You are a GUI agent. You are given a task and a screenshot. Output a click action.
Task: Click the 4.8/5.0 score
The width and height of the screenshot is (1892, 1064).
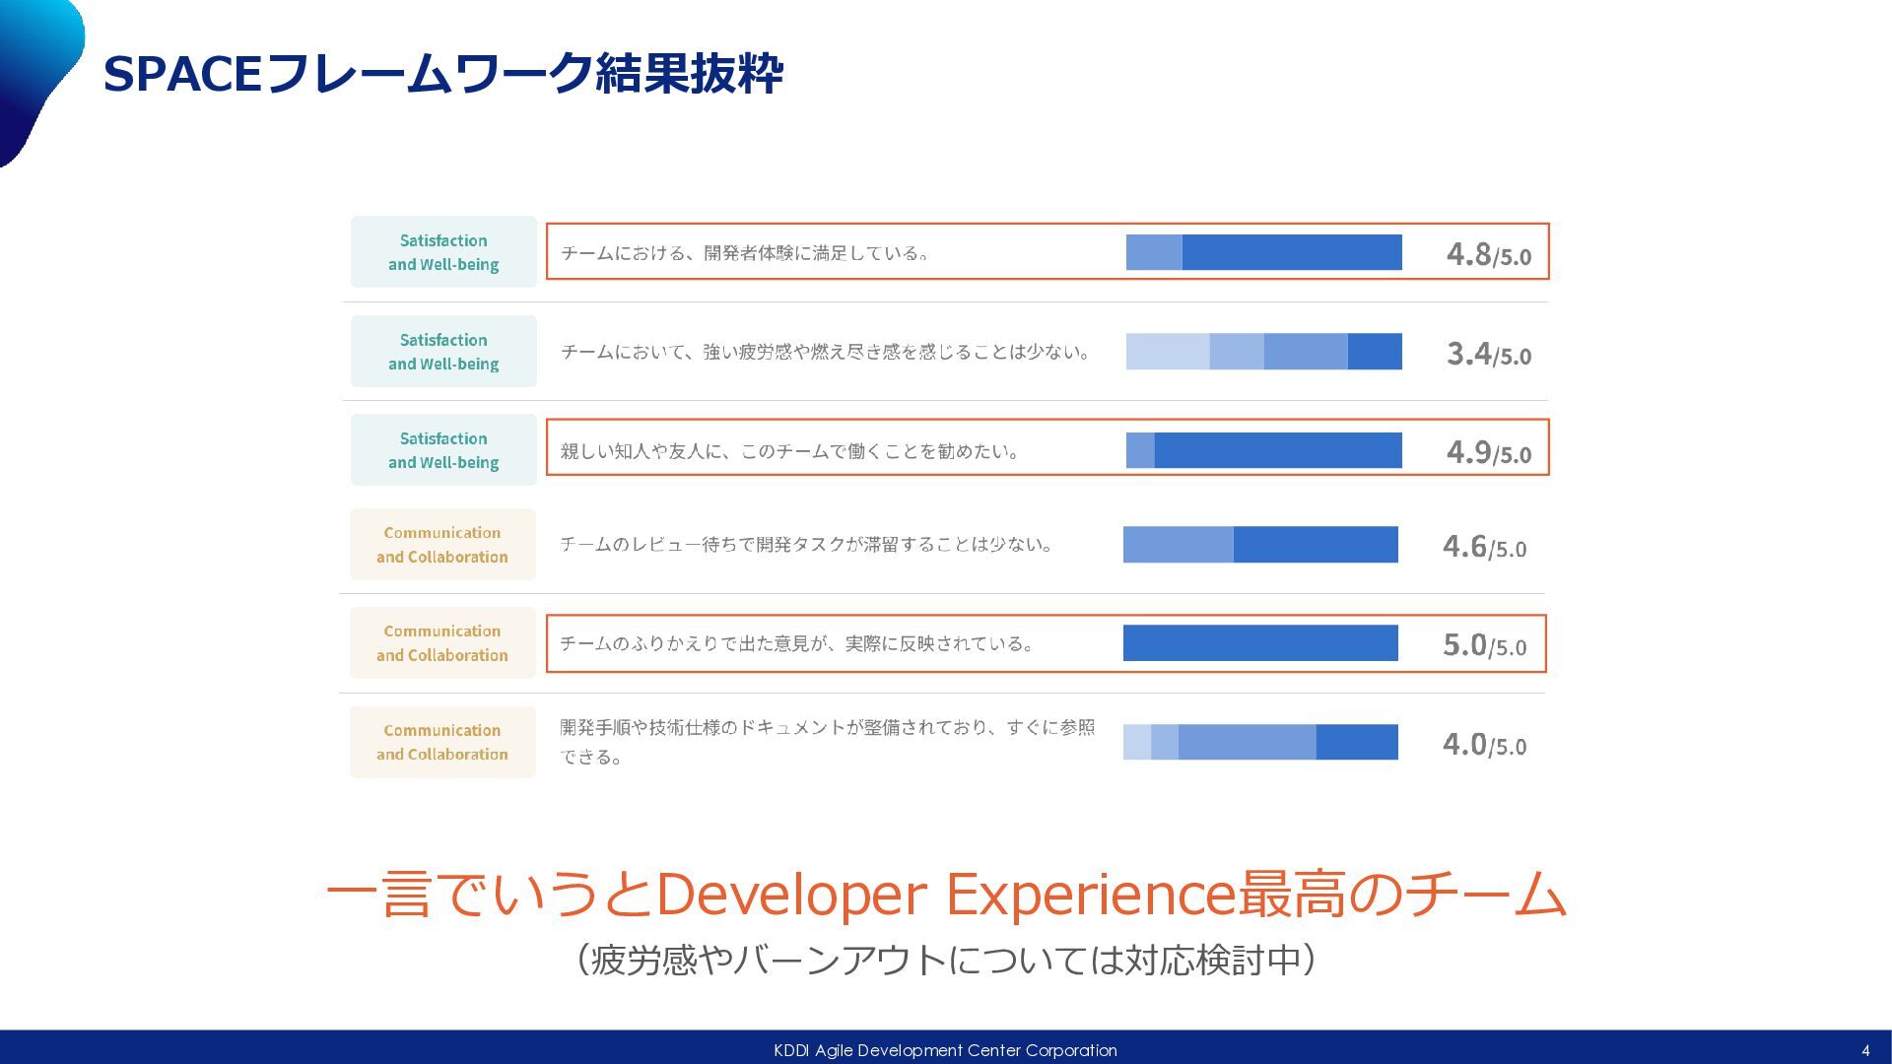point(1488,254)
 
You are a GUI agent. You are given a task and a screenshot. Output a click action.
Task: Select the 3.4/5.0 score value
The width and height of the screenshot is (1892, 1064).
point(1488,353)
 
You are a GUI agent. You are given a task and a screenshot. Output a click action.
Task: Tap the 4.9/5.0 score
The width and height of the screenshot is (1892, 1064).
point(1488,451)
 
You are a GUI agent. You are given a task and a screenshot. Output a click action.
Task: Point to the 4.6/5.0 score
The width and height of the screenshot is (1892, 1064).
point(1484,546)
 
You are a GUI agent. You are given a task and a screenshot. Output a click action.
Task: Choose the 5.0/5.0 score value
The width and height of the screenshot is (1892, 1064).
point(1484,644)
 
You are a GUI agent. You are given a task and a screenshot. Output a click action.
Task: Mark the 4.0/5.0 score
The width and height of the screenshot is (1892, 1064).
point(1484,744)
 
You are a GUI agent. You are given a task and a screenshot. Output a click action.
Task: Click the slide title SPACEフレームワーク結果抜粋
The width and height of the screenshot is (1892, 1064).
point(442,74)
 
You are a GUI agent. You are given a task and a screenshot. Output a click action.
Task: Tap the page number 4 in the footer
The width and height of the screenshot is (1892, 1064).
point(1865,1050)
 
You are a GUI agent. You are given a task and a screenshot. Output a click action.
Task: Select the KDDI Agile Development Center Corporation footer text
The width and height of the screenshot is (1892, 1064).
point(945,1050)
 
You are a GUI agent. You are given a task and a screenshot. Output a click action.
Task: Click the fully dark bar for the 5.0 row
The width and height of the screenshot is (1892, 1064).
point(1260,642)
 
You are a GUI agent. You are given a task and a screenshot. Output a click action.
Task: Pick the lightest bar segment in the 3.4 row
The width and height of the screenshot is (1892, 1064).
point(1167,352)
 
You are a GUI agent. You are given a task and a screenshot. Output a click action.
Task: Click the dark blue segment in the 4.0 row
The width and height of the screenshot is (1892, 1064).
point(1356,742)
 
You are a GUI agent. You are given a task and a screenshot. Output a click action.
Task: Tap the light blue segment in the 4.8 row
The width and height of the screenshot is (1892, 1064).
point(1154,252)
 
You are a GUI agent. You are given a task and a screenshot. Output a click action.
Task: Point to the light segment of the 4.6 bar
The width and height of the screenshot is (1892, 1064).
point(1178,544)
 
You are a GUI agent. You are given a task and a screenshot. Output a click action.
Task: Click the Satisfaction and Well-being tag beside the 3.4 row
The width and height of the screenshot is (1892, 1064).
point(443,352)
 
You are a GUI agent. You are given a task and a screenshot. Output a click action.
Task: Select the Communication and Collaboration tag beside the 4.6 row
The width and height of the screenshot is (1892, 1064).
point(442,544)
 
